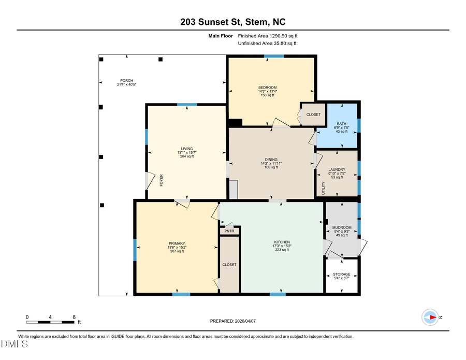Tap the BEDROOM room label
[x=268, y=88]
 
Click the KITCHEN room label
[x=281, y=242]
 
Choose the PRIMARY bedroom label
[x=177, y=243]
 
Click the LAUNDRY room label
[x=337, y=169]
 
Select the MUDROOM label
[x=342, y=227]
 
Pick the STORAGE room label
[x=341, y=274]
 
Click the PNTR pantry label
[x=229, y=231]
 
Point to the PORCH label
[x=126, y=80]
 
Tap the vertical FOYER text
[x=161, y=180]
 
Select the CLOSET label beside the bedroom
[x=313, y=114]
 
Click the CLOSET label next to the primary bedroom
[x=229, y=265]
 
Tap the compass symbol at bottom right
[x=430, y=317]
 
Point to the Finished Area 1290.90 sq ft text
[x=268, y=36]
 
